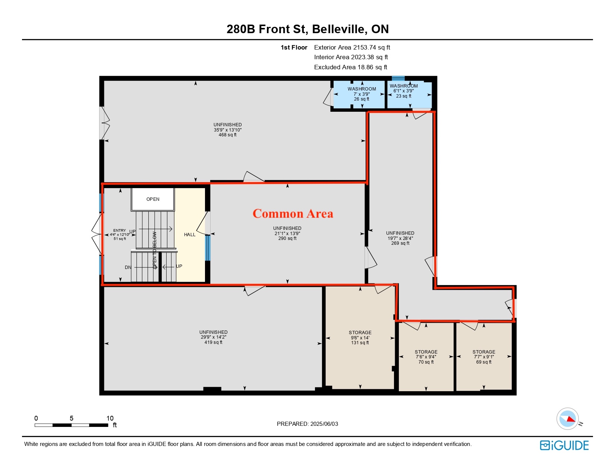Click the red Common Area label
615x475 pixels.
[293, 213]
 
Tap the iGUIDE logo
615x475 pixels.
[564, 445]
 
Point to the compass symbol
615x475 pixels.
[567, 419]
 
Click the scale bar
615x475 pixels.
[71, 425]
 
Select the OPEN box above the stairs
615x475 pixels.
[152, 199]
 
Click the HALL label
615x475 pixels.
[190, 235]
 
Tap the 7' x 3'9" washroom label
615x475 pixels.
[362, 94]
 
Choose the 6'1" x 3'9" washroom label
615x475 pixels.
[404, 91]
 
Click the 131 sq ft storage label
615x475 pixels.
[360, 338]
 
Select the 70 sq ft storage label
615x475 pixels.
[426, 357]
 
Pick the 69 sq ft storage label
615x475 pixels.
[484, 357]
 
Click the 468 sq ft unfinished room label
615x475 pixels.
[227, 130]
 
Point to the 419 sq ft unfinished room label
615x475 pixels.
[214, 337]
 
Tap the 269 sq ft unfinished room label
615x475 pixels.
[400, 238]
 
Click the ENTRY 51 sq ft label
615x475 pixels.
[120, 235]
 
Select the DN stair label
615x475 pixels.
[128, 267]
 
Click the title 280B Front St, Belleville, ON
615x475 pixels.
[307, 29]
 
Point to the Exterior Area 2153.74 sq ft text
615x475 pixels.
[352, 48]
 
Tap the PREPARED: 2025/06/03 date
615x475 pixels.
[307, 424]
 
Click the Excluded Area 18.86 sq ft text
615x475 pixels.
[351, 67]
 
